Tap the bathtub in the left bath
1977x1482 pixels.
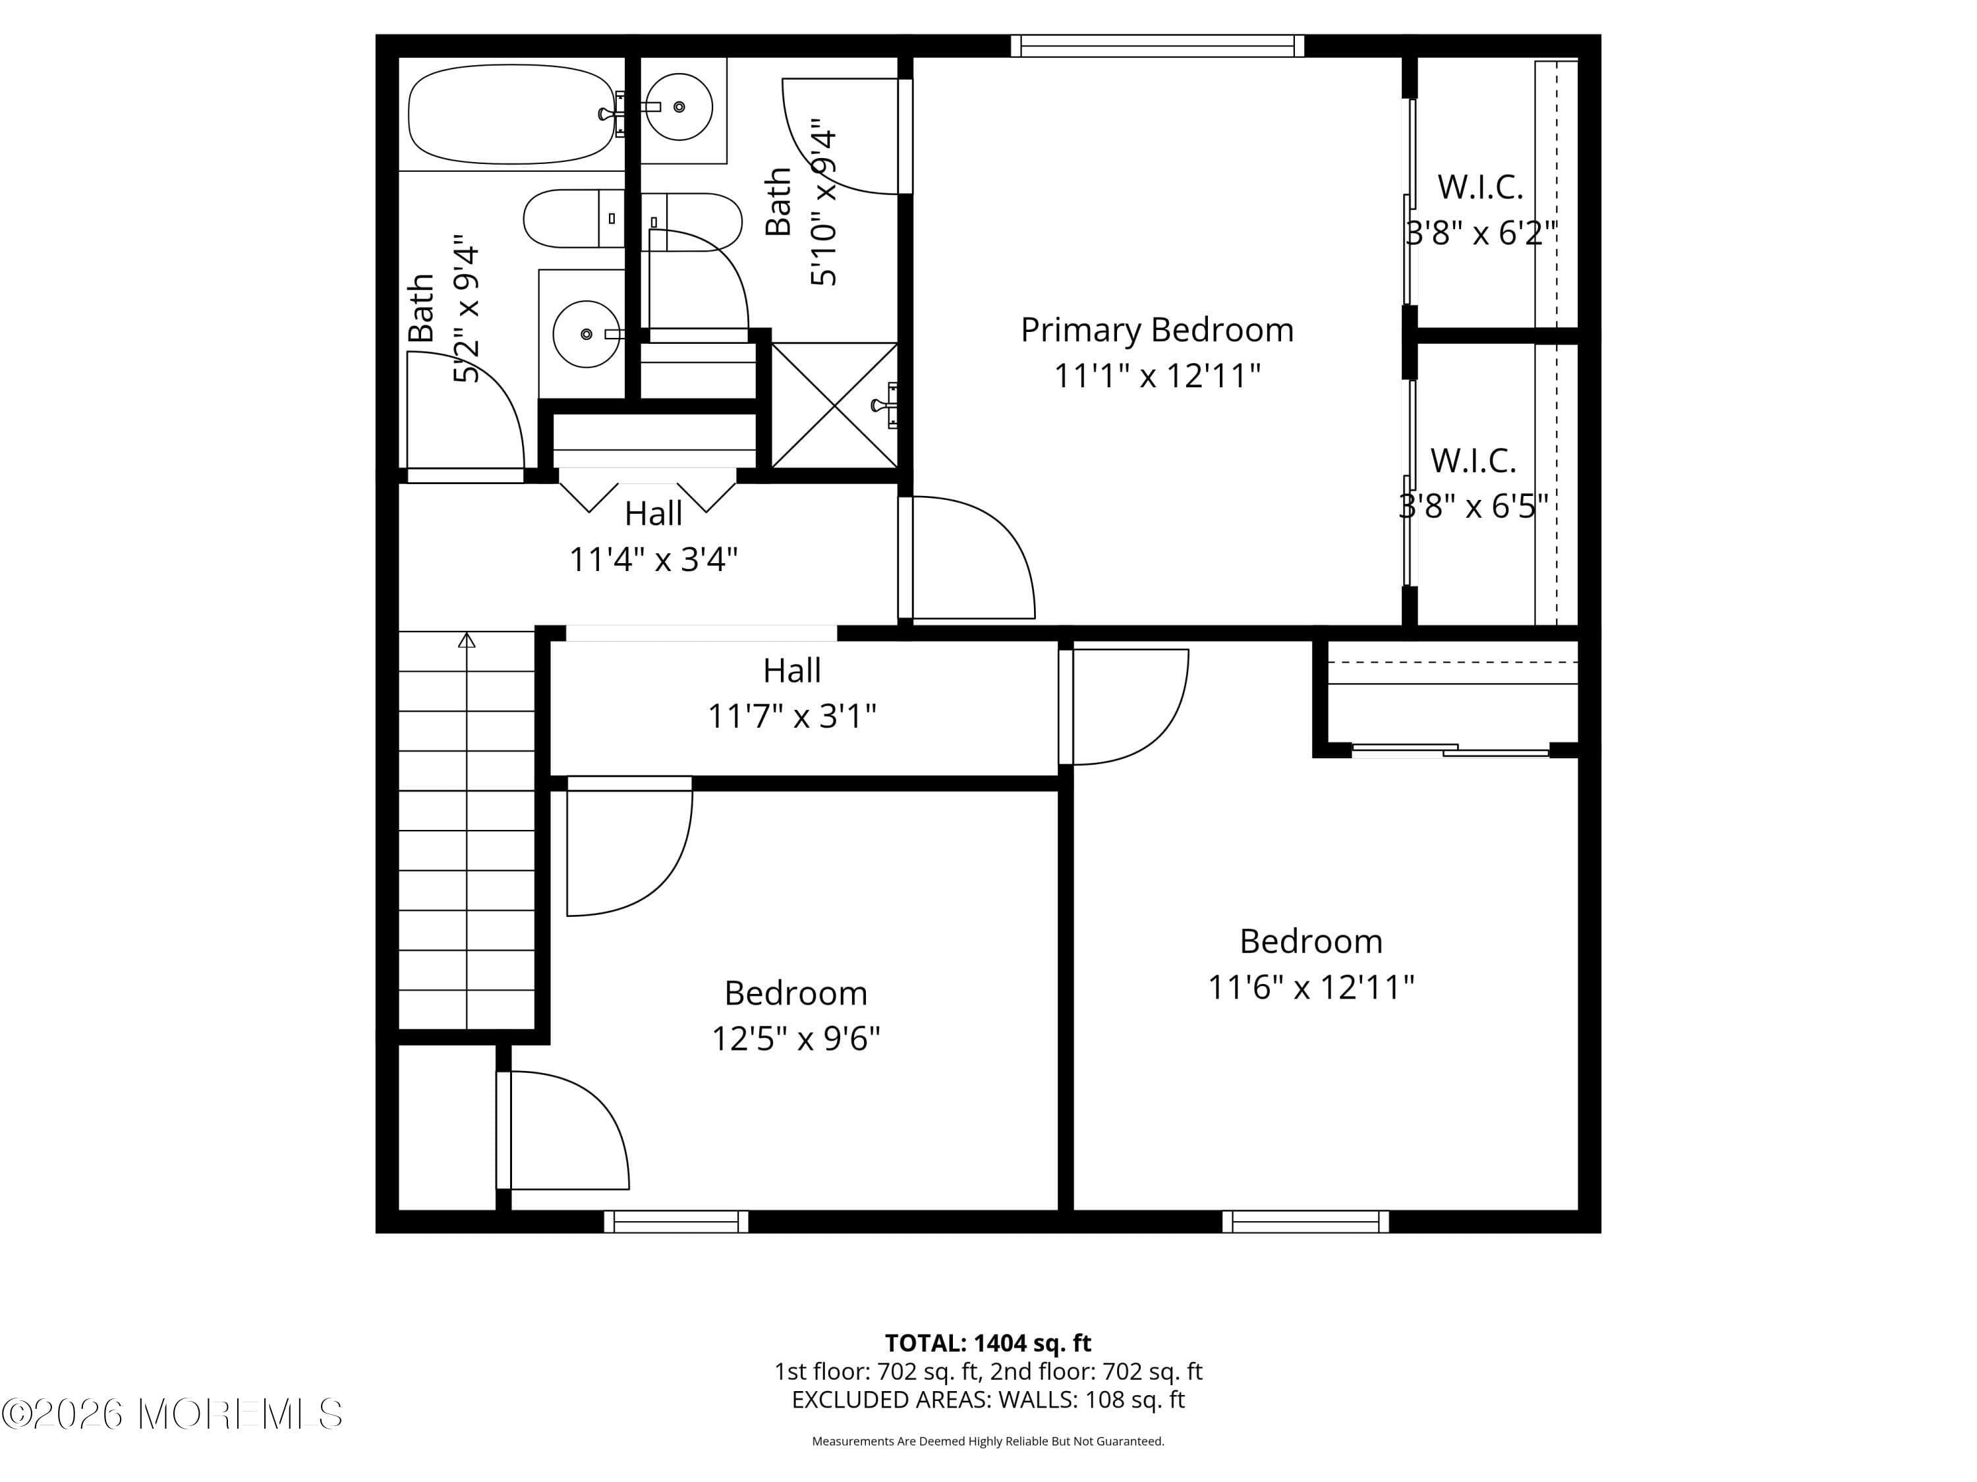tap(511, 115)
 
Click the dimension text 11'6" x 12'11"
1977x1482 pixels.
tap(1310, 988)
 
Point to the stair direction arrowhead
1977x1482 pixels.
tap(467, 640)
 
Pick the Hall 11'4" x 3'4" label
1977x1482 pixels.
tap(653, 537)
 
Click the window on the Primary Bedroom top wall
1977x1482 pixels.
tap(1157, 45)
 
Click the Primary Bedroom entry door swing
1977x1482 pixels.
tap(970, 559)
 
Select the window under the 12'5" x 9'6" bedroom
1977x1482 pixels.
tap(677, 1221)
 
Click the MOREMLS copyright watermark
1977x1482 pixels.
tap(171, 1414)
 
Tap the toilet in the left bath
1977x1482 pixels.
tap(573, 219)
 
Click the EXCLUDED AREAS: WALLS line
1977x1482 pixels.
tap(988, 1400)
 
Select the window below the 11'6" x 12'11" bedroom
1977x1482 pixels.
tap(1305, 1221)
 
